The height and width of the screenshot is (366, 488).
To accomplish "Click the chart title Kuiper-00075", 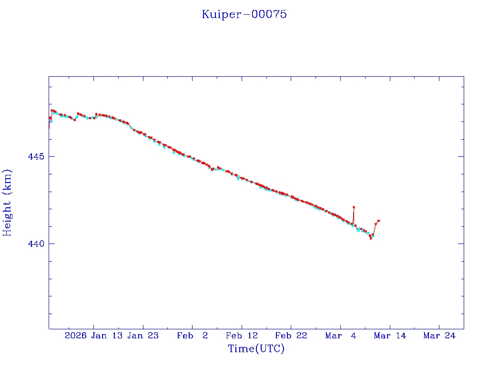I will pos(244,14).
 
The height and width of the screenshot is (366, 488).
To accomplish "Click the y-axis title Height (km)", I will pos(7,203).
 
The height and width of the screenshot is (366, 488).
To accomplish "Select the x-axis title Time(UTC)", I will pos(256,349).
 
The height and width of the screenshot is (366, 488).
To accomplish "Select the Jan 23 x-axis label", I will pos(143,335).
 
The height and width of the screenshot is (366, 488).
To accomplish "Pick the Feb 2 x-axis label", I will pos(193,335).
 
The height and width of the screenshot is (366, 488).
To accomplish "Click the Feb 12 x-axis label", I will pos(242,335).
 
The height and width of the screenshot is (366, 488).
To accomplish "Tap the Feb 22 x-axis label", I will pos(291,335).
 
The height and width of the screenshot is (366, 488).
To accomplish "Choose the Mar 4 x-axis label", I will pos(340,335).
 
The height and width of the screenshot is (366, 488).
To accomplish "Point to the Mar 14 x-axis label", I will pos(390,335).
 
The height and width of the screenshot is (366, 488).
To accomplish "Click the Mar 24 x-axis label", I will pos(439,335).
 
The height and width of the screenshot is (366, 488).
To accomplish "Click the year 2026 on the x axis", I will pos(75,335).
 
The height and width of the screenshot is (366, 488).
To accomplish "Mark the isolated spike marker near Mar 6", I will pos(354,207).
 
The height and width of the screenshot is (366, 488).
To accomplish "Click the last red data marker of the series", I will pos(378,221).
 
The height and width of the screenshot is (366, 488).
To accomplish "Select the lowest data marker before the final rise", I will pos(370,238).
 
